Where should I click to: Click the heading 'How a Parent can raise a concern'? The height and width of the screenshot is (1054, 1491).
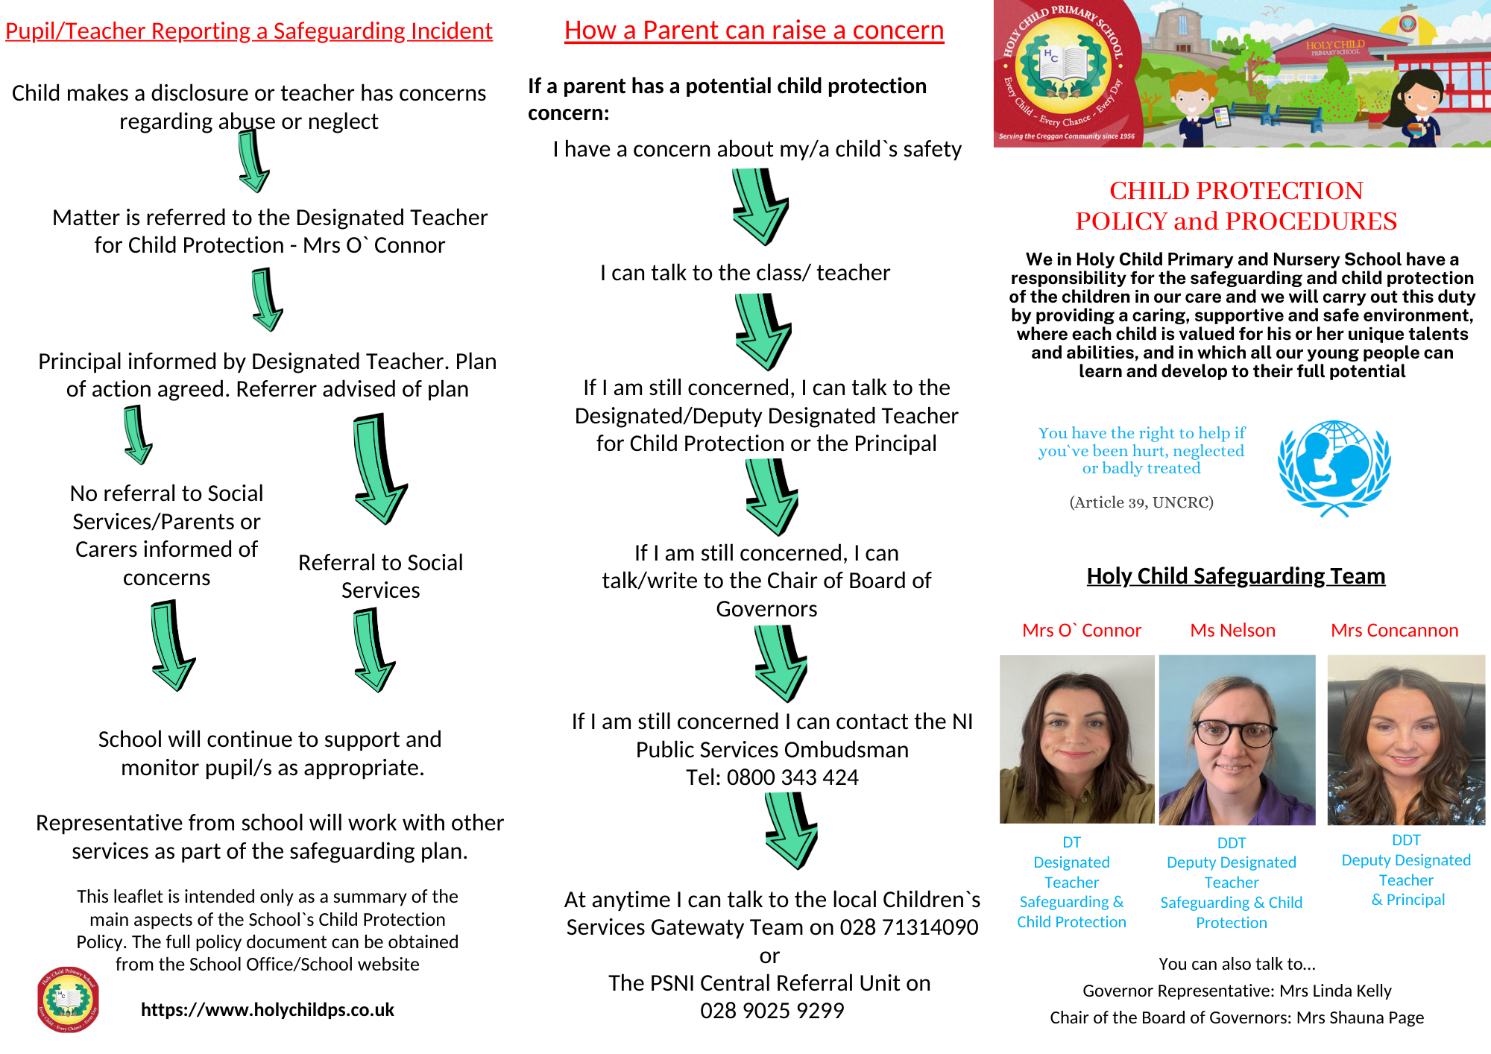click(754, 31)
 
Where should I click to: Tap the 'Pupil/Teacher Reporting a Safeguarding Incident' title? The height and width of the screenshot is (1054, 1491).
click(249, 31)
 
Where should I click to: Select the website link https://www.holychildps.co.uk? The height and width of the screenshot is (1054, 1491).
click(267, 1009)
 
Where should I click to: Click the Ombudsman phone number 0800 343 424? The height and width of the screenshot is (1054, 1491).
click(792, 777)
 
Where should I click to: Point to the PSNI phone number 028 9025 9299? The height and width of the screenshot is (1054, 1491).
click(772, 1011)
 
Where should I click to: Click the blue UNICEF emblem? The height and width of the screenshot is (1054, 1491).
click(1334, 467)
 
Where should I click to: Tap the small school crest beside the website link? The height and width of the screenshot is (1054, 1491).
click(68, 999)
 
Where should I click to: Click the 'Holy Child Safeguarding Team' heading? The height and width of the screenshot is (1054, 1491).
click(1235, 576)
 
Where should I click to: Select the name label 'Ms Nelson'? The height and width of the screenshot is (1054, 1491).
click(1232, 631)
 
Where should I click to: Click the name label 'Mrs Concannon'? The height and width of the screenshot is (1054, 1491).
click(1394, 631)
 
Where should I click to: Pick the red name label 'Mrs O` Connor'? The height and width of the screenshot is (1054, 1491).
click(1081, 631)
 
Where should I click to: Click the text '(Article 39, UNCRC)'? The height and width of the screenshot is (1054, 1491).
click(1141, 502)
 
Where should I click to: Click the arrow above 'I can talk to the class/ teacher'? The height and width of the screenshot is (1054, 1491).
click(760, 206)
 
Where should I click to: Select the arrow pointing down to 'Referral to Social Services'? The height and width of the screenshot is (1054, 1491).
click(379, 470)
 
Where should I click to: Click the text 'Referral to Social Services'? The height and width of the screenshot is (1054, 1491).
click(380, 576)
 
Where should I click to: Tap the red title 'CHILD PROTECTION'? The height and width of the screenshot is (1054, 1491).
click(1236, 191)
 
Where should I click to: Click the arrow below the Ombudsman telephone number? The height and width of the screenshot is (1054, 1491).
click(791, 830)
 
